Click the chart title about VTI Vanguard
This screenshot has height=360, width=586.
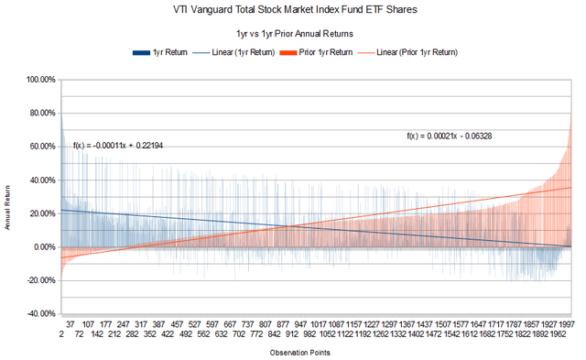[292, 12]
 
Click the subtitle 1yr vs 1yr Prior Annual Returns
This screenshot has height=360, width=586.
[293, 34]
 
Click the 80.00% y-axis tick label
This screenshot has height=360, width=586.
[40, 114]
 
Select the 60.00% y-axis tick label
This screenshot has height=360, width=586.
[40, 147]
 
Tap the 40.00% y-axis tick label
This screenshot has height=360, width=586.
[40, 180]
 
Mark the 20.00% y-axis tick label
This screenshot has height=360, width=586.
[40, 213]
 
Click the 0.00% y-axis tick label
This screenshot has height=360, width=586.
[42, 247]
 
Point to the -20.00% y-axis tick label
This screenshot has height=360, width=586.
[39, 280]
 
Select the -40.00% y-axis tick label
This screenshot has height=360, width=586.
[39, 314]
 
